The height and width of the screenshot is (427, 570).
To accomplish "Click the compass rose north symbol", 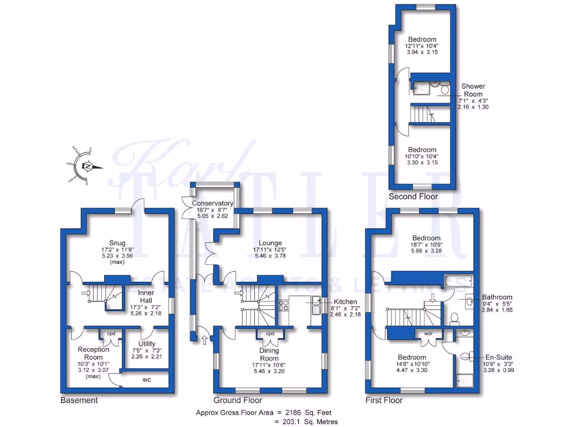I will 88,166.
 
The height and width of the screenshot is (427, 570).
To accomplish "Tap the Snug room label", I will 117,242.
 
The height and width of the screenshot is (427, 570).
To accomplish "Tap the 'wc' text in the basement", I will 148,380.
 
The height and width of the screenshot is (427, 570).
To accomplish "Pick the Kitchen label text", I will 341,301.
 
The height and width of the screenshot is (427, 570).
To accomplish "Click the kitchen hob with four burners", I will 283,305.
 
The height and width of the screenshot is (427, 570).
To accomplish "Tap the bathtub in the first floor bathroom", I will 456,280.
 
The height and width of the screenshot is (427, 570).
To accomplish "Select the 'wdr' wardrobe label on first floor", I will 429,334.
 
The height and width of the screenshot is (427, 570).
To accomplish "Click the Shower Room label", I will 473,90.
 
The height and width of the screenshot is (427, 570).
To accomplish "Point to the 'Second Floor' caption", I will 413,196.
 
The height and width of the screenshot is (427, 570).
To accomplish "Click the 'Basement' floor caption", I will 79,400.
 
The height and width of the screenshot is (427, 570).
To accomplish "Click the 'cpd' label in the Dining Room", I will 270,334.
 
